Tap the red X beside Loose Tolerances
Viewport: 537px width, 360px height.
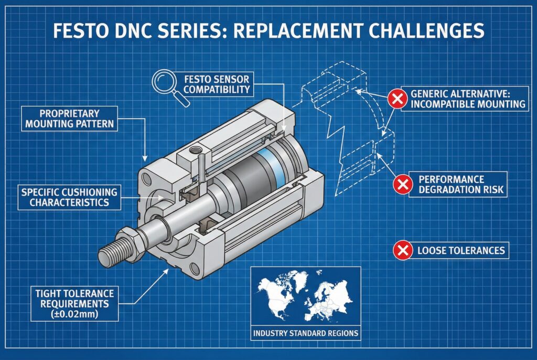(x=403, y=250)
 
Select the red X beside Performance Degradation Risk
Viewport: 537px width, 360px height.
(x=403, y=184)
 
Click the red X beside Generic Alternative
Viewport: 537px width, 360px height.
(x=396, y=98)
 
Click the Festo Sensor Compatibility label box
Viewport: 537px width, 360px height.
(x=216, y=84)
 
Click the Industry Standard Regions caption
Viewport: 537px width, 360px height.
(x=306, y=333)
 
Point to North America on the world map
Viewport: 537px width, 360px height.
(x=275, y=293)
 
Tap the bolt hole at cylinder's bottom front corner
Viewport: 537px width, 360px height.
(x=195, y=269)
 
